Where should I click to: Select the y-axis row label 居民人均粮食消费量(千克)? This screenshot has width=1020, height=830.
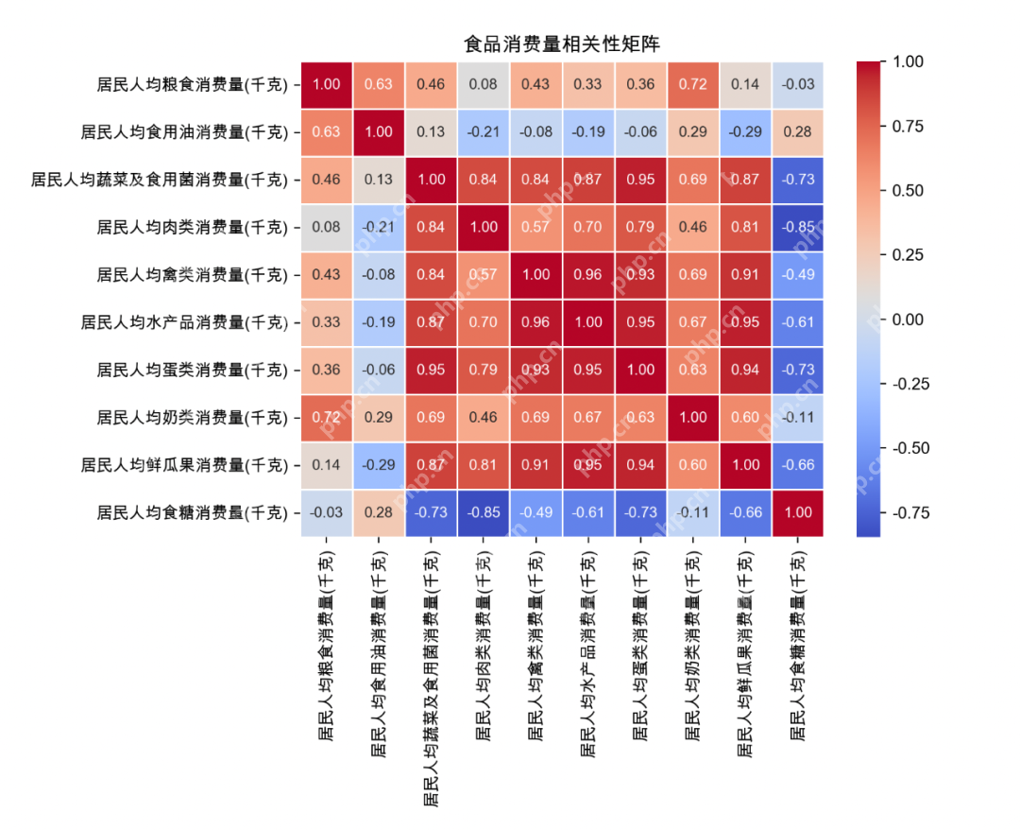[192, 84]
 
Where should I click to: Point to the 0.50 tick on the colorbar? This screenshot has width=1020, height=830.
[907, 190]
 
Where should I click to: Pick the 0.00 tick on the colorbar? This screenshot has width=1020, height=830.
[907, 320]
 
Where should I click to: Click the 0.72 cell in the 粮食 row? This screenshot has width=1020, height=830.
[693, 84]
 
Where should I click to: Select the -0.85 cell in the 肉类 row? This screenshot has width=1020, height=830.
[798, 227]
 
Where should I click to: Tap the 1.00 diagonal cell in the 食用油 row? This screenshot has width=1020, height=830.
[379, 131]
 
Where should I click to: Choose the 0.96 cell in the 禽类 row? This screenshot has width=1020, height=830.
[588, 274]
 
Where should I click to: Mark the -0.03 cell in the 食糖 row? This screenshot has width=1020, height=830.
[326, 512]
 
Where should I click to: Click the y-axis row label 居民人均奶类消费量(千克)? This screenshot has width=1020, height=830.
[192, 417]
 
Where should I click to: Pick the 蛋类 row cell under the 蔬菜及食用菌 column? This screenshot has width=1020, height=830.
[431, 370]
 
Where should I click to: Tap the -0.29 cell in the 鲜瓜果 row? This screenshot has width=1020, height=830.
[379, 465]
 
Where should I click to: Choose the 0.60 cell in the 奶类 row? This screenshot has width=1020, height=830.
[746, 417]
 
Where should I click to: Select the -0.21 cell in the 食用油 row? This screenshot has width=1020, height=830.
[484, 131]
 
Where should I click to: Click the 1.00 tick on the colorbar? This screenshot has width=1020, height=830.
[907, 61]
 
